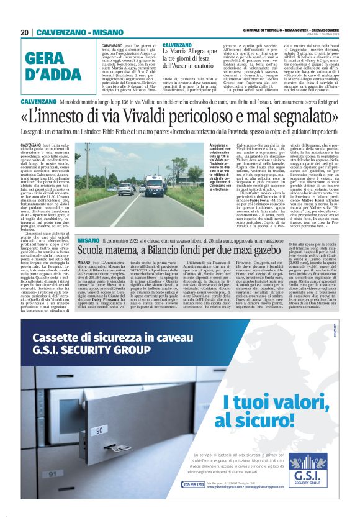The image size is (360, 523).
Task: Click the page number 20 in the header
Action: pos(24,32)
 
